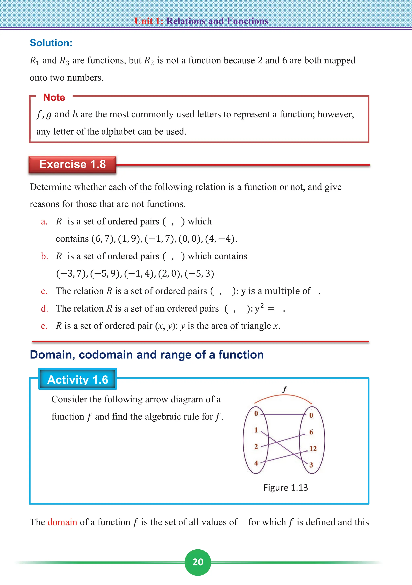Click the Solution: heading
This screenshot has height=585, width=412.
point(51,43)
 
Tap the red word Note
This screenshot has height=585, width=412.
point(54,97)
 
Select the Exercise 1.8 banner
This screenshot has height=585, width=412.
point(72,164)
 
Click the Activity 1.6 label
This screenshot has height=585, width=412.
point(78,380)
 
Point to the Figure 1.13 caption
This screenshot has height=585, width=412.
point(286,487)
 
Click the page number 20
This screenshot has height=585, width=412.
point(198,562)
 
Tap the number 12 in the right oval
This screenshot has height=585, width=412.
point(313,448)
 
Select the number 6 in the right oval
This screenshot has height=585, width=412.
point(311,432)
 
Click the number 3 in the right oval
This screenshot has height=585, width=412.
point(311,465)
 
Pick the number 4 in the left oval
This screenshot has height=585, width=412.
point(256,463)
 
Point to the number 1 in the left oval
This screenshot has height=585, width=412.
point(256,430)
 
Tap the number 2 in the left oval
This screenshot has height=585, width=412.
point(256,446)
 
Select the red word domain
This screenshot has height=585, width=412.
point(62,522)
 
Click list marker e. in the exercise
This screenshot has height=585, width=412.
point(44,326)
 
